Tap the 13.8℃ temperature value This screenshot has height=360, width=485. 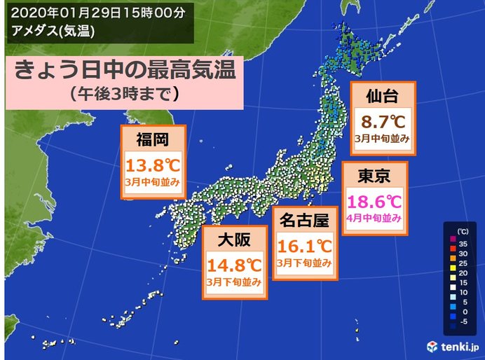coord(153,166)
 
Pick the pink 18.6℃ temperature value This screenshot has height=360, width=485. coord(374,202)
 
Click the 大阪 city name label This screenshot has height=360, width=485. coord(234,240)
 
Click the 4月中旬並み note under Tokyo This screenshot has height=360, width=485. coord(374,219)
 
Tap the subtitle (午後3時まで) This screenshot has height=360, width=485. coord(122,95)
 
